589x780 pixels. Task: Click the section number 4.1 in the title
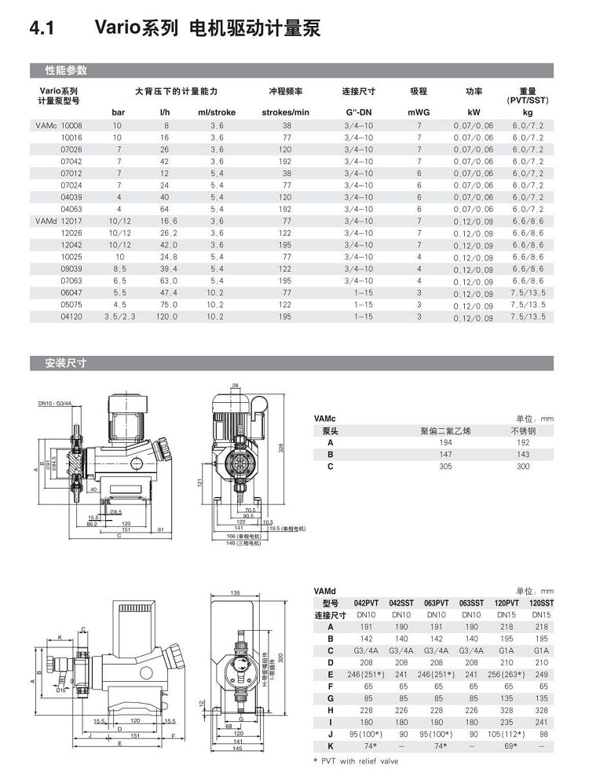pyautogui.click(x=40, y=30)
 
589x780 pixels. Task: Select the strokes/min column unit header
pyautogui.click(x=286, y=112)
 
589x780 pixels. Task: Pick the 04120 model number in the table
pyautogui.click(x=71, y=316)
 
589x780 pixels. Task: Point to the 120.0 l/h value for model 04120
pyautogui.click(x=166, y=316)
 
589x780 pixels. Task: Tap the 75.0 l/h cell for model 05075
pyautogui.click(x=166, y=304)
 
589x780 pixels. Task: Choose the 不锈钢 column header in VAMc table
pyautogui.click(x=523, y=431)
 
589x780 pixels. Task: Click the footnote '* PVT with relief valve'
pyautogui.click(x=358, y=760)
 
